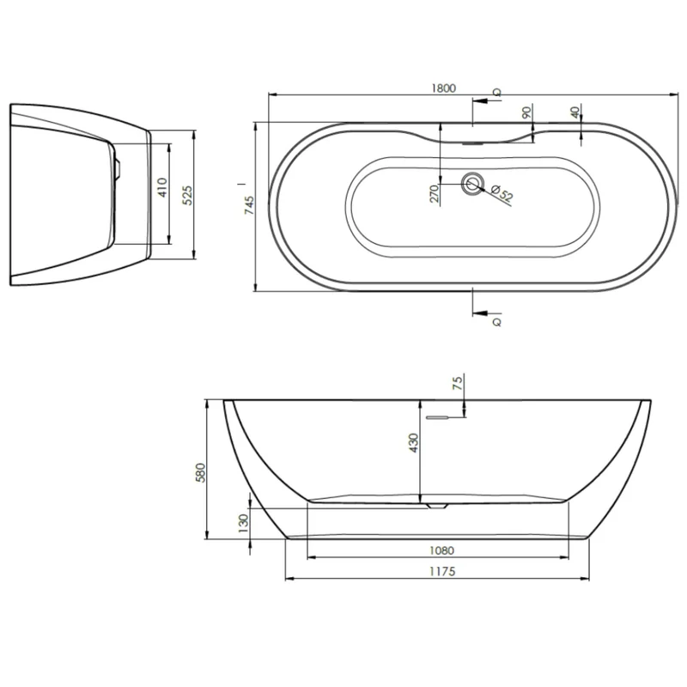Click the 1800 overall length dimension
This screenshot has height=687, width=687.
tap(444, 88)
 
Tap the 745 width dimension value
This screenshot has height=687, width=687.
tap(248, 205)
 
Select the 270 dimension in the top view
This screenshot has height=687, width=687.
tap(435, 194)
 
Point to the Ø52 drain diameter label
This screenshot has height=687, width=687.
tap(502, 193)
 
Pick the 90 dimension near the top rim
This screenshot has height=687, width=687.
tap(527, 112)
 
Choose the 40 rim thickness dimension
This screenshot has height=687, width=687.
tap(575, 112)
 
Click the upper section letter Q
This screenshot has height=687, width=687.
tap(497, 93)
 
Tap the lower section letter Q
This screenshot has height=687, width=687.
tap(497, 322)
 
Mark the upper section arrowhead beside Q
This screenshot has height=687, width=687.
tap(481, 100)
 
